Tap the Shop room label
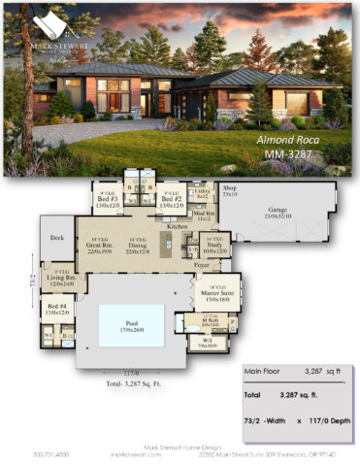(230, 188)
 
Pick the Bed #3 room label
(108, 200)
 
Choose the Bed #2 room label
(170, 200)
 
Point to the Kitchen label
(178, 226)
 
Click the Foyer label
(201, 264)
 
